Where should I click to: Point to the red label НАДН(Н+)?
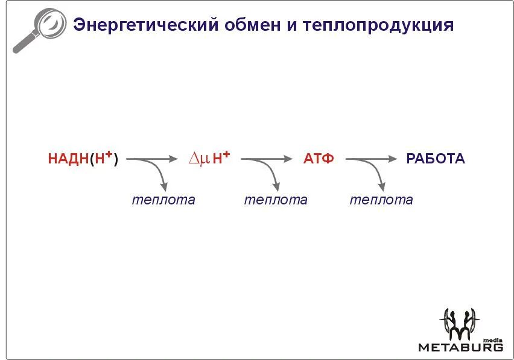(x=83, y=159)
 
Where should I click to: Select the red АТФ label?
(x=319, y=159)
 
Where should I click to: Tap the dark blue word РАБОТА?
(x=436, y=159)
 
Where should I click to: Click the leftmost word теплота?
(x=163, y=200)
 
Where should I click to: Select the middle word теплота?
(x=276, y=200)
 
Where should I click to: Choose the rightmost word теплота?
(x=381, y=200)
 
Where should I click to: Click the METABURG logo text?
(x=460, y=347)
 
